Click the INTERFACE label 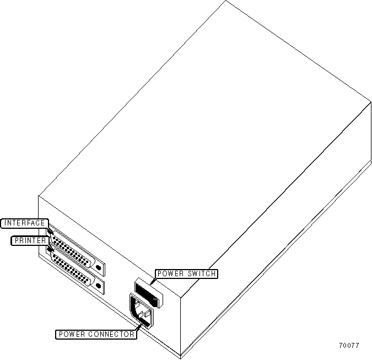[x=24, y=223]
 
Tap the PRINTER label [x=30, y=240]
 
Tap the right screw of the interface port [x=99, y=267]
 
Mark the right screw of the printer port [x=99, y=287]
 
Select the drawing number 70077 [x=349, y=346]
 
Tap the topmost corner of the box [x=227, y=2]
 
